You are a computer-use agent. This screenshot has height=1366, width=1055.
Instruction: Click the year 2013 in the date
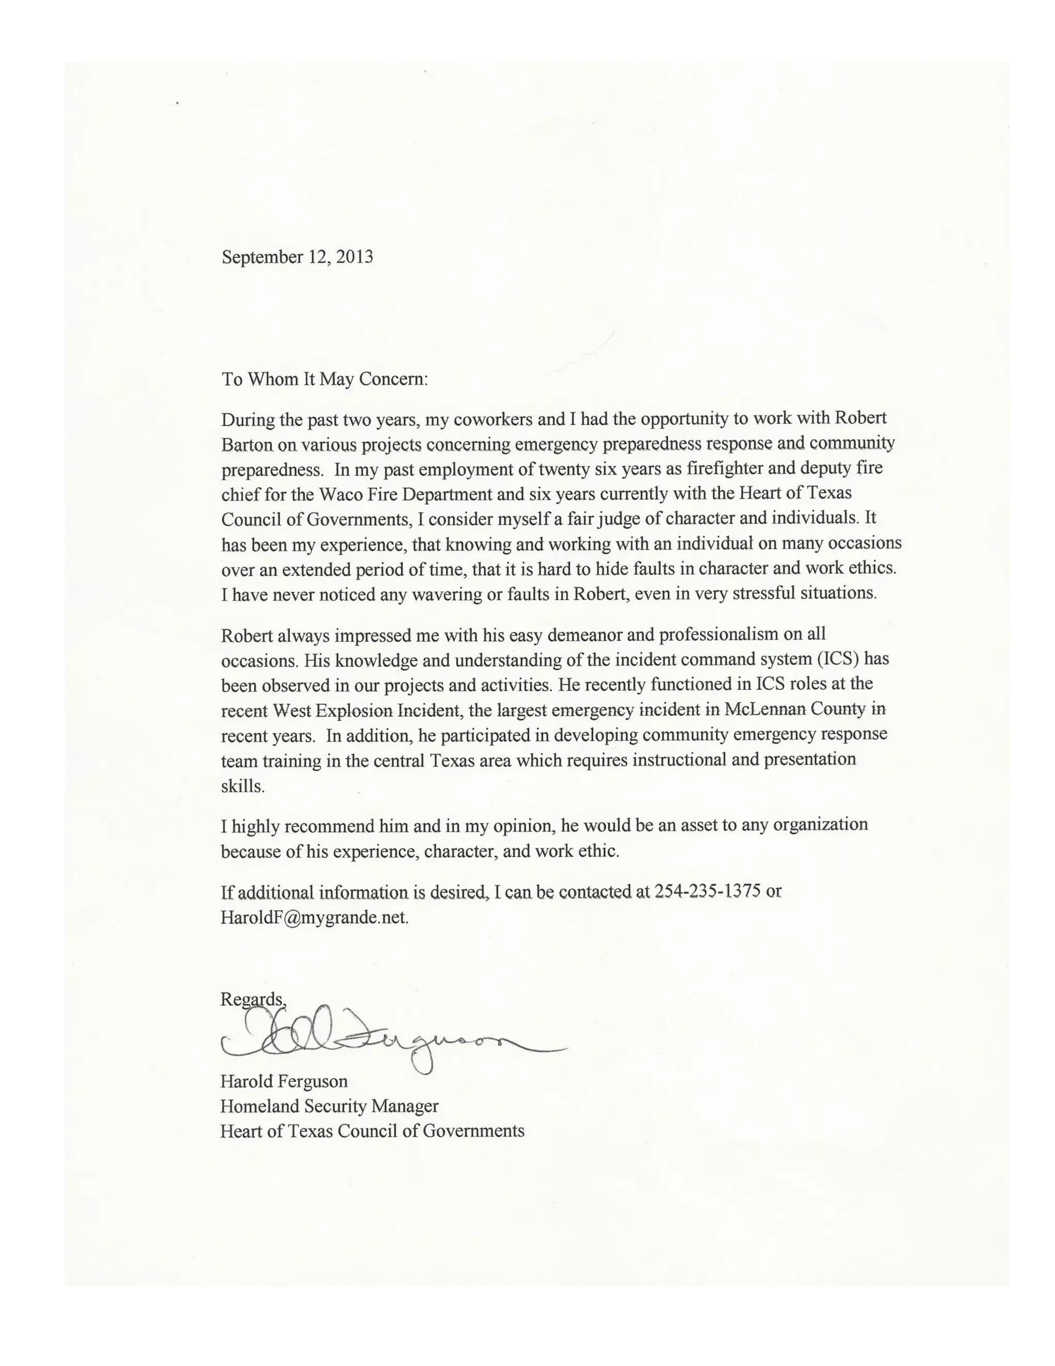click(354, 257)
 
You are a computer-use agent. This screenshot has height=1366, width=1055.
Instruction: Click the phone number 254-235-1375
click(707, 891)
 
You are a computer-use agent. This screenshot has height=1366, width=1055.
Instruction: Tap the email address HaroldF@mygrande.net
click(314, 918)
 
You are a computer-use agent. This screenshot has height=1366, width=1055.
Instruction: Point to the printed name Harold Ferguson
click(284, 1081)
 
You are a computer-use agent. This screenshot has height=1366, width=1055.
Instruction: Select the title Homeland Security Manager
click(329, 1106)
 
